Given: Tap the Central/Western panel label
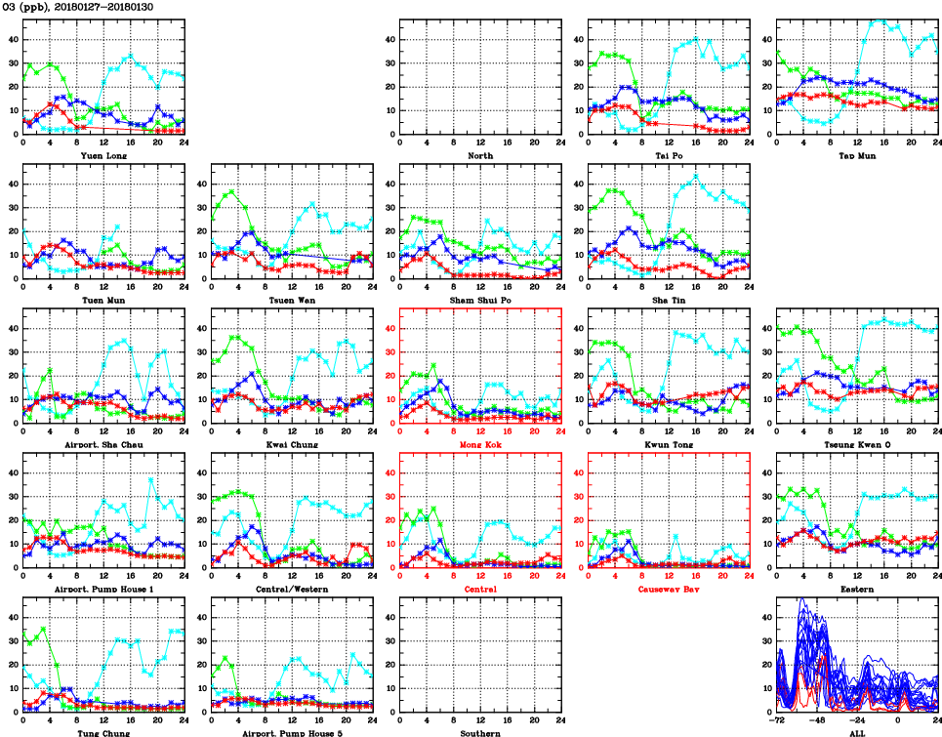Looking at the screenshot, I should click(x=292, y=590).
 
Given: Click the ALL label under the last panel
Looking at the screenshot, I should click(x=857, y=732).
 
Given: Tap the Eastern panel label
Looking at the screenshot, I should click(x=857, y=590).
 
